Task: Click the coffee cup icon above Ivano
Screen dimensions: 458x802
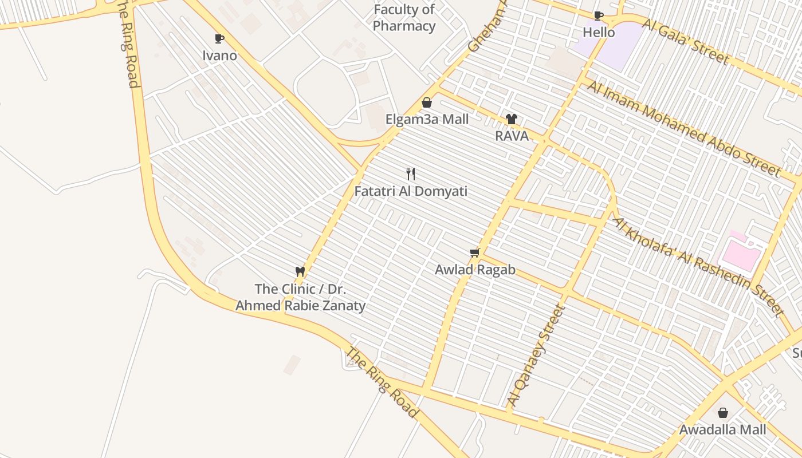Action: [x=219, y=38]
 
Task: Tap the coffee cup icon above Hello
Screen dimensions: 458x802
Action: [x=598, y=15]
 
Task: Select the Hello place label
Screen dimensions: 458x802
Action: [x=599, y=33]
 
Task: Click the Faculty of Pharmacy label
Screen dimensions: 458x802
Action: [x=404, y=18]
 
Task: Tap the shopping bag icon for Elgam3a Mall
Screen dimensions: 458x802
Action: [x=426, y=102]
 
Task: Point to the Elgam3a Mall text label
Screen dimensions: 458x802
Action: [x=427, y=120]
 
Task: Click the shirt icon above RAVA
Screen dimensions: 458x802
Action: [x=511, y=119]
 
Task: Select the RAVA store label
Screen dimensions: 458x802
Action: [x=512, y=136]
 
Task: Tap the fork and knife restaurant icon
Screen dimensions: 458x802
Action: [x=410, y=173]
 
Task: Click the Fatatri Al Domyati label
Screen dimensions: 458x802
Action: [x=411, y=191]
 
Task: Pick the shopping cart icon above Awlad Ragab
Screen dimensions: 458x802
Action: [x=474, y=252]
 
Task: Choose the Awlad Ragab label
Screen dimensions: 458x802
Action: [x=475, y=270]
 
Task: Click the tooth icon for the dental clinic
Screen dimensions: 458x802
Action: [x=300, y=271]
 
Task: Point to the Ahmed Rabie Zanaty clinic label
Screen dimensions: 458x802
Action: [x=300, y=297]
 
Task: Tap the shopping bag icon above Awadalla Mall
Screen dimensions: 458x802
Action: [x=723, y=412]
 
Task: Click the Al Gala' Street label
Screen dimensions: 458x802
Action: [x=685, y=41]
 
